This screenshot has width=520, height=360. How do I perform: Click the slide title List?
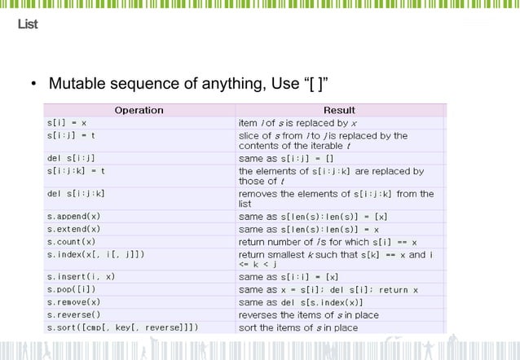28,24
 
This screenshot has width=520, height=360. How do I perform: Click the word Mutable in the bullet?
76,84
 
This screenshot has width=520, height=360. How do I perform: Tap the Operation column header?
139,110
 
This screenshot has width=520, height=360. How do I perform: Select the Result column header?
339,110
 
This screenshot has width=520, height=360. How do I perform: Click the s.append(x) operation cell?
73,217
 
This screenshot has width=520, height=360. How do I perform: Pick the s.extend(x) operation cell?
73,230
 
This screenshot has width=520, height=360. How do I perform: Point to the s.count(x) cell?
71,242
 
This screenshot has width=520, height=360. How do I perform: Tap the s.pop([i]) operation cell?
73,290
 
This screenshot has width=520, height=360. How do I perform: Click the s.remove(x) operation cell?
73,302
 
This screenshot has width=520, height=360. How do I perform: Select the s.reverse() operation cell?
73,315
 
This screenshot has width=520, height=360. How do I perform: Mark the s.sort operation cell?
122,327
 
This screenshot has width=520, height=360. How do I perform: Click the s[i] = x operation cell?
67,123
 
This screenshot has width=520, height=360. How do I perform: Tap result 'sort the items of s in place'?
297,327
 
